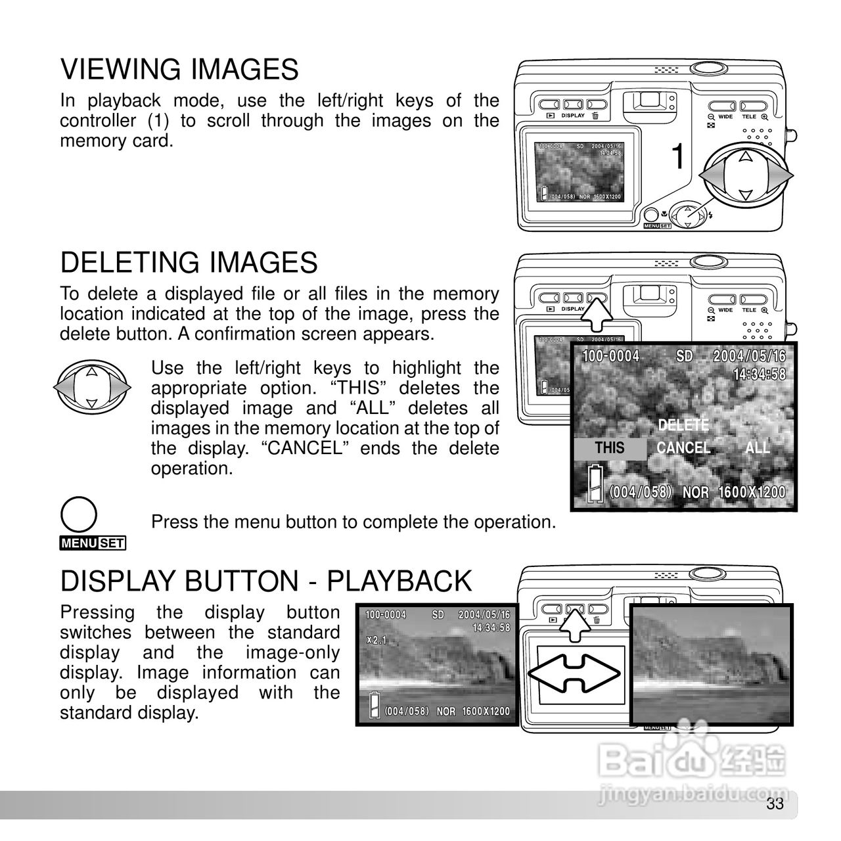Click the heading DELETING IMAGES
(x=189, y=263)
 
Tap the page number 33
(x=775, y=804)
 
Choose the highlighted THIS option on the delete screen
(x=609, y=448)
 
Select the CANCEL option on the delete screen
(x=683, y=448)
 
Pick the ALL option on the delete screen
(x=757, y=448)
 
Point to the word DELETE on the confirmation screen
(x=683, y=425)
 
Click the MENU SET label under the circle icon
(x=93, y=543)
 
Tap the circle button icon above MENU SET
(x=78, y=514)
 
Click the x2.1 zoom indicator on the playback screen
(x=376, y=640)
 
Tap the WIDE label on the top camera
(x=725, y=117)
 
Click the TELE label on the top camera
(x=749, y=117)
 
